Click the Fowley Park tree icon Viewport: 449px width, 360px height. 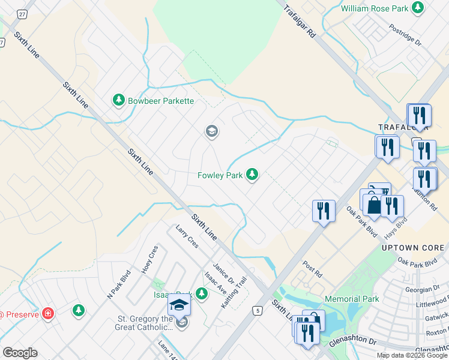pyautogui.click(x=253, y=175)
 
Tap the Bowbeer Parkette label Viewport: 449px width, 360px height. pyautogui.click(x=160, y=101)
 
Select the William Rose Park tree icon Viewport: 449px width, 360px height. pyautogui.click(x=417, y=8)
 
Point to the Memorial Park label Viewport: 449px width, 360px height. pyautogui.click(x=352, y=299)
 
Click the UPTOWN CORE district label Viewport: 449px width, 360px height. pyautogui.click(x=413, y=247)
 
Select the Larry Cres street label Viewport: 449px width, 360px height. pyautogui.click(x=187, y=236)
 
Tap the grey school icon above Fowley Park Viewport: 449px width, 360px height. pyautogui.click(x=211, y=131)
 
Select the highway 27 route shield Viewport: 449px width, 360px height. pyautogui.click(x=22, y=14)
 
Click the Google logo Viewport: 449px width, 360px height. pyautogui.click(x=20, y=353)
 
